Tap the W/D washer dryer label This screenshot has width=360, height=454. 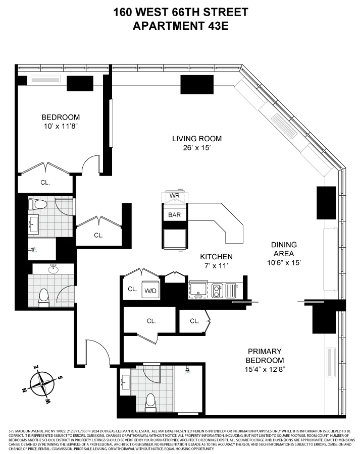(x=150, y=290)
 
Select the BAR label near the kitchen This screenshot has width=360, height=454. (x=174, y=214)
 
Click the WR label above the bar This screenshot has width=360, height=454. (x=174, y=195)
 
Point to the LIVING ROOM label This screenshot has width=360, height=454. (x=196, y=139)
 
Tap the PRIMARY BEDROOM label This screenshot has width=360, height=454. (x=265, y=356)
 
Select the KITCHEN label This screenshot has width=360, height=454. (x=216, y=257)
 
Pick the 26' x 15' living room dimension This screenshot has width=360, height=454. (x=196, y=148)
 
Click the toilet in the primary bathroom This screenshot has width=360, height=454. (x=150, y=402)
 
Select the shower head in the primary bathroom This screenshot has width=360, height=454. (x=188, y=371)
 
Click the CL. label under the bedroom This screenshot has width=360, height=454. (x=45, y=183)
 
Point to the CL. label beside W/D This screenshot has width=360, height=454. (x=132, y=290)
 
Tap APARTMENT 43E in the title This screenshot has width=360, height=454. (x=180, y=26)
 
